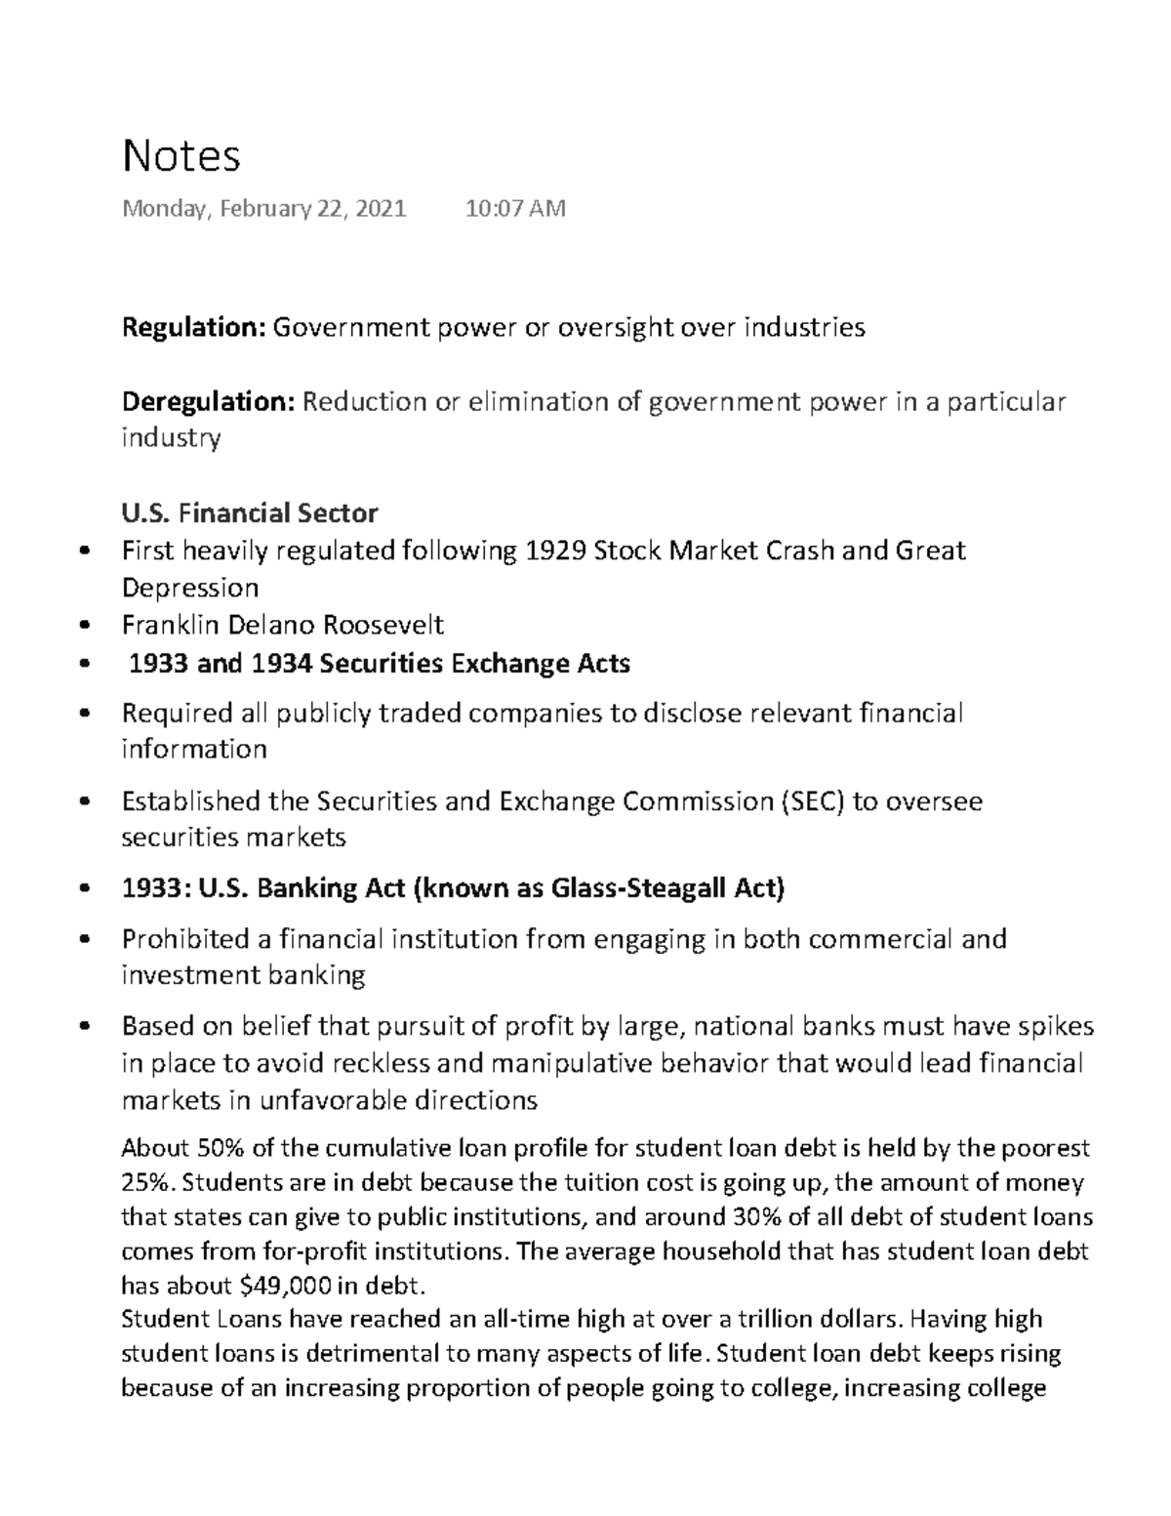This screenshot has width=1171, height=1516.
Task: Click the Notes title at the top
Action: pos(181,155)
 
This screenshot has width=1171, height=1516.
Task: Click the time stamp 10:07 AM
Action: pos(515,208)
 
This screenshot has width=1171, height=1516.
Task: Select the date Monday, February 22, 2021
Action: pos(263,208)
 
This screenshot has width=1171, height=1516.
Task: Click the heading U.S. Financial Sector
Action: pos(249,512)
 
